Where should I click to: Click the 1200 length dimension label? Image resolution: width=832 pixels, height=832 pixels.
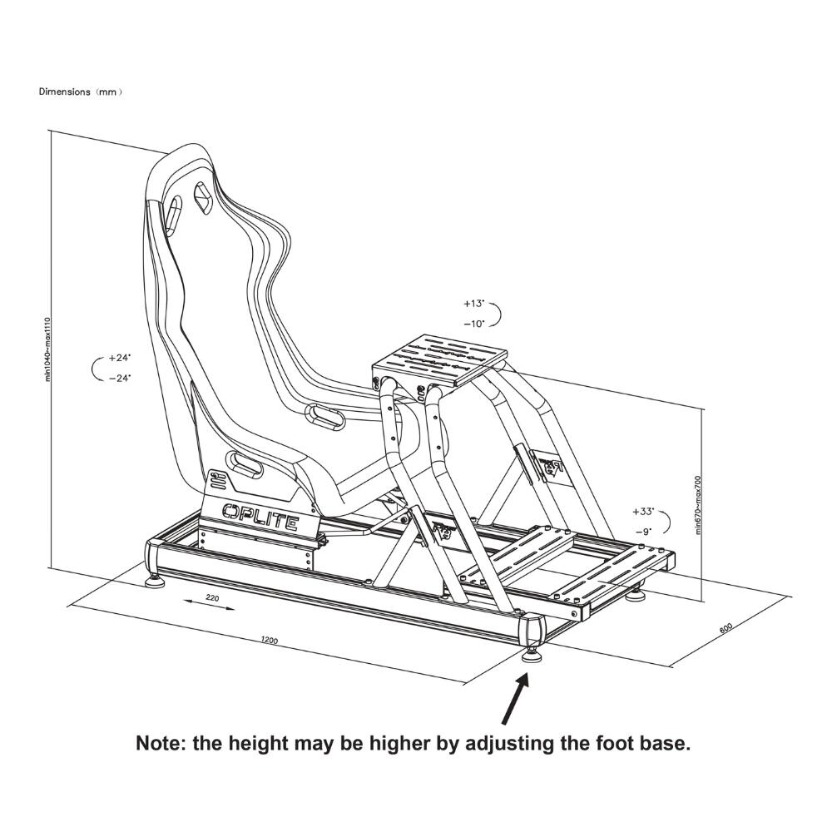pos(269,640)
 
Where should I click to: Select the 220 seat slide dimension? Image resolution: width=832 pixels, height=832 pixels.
pos(212,597)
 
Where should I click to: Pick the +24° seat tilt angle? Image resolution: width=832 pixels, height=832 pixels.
pos(120,358)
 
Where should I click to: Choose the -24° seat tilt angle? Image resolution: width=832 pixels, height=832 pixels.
pos(120,377)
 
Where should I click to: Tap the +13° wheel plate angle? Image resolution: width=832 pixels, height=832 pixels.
pos(474,304)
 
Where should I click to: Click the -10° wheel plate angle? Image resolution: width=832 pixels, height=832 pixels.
pos(474,324)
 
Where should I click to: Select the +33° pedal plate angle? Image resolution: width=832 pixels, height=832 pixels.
pos(642,511)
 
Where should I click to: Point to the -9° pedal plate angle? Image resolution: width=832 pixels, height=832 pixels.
pos(642,530)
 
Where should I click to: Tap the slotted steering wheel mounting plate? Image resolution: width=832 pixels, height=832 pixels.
pos(439,361)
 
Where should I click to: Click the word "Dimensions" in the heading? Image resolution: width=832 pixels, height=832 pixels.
pos(64,92)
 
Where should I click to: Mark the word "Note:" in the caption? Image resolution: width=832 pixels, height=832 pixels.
pos(161,743)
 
